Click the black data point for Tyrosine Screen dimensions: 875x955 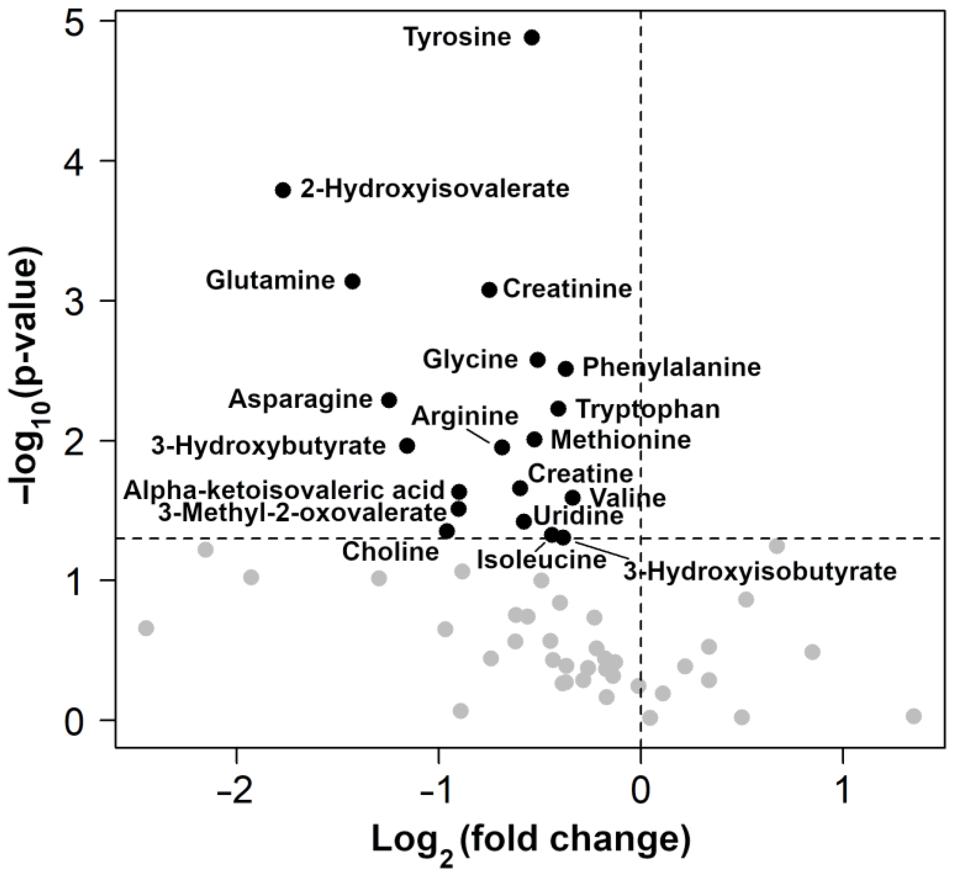click(532, 37)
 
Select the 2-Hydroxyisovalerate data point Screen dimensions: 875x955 click(283, 190)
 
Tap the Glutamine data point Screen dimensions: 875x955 click(353, 281)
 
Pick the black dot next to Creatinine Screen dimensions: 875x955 click(489, 290)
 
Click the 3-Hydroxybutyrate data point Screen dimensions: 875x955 click(407, 446)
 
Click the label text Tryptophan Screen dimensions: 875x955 click(648, 409)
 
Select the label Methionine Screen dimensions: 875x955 click(621, 440)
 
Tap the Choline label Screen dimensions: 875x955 click(390, 552)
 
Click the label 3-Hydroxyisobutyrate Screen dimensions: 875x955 click(759, 572)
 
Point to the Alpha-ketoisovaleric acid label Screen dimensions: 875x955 click(284, 491)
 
